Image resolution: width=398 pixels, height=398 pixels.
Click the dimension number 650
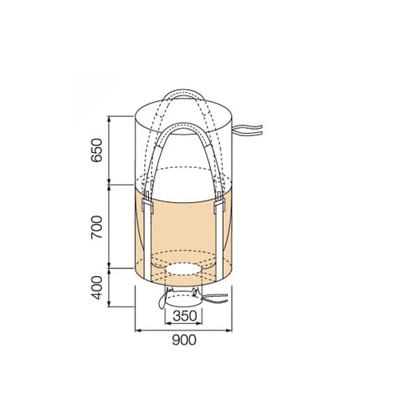96,150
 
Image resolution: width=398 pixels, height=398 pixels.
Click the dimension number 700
96,228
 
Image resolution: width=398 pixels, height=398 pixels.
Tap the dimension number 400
96,288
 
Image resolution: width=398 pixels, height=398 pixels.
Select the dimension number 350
185,316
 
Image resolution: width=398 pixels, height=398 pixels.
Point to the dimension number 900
185,340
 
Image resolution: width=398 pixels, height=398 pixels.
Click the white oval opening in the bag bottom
183,269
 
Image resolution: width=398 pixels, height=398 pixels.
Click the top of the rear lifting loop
185,92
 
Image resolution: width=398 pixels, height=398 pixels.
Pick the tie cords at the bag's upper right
248,131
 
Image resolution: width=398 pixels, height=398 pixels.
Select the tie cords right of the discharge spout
216,298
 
